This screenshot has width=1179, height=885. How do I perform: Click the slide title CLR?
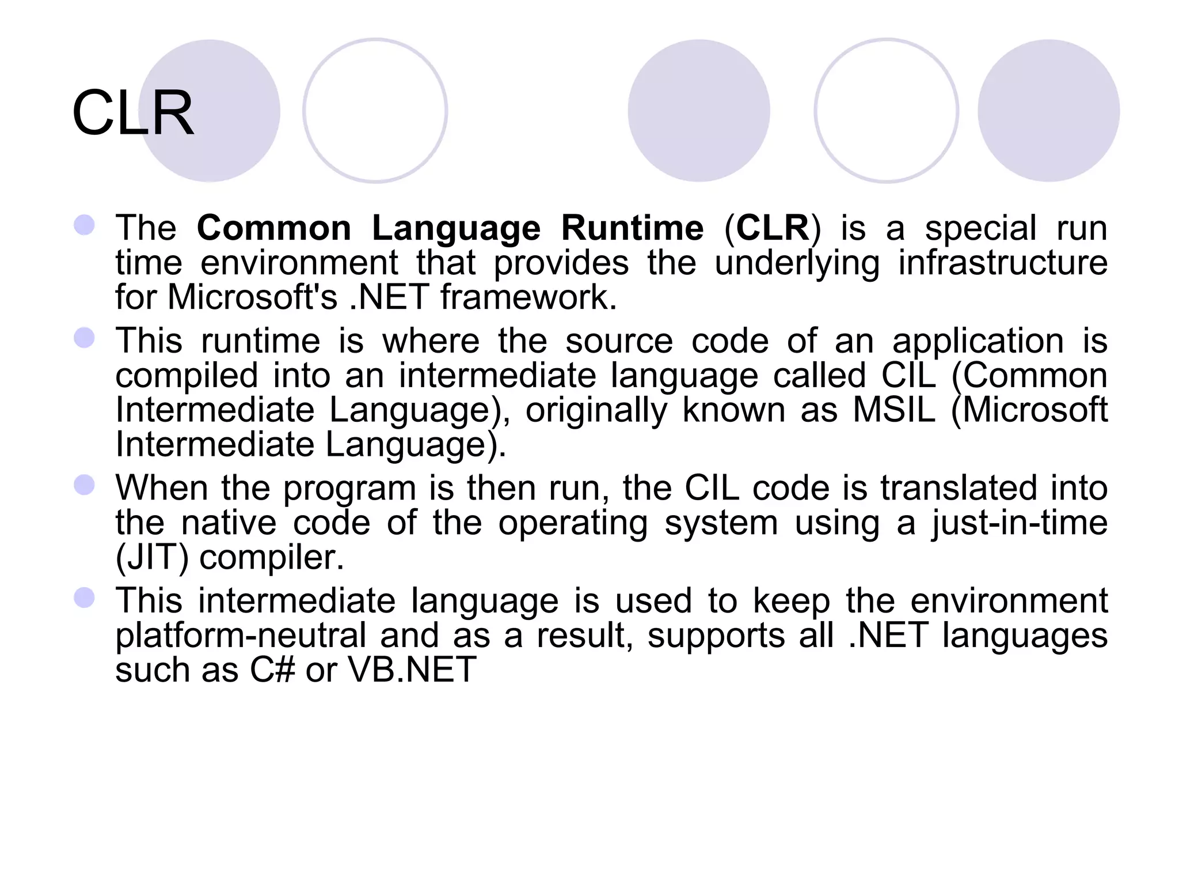133,114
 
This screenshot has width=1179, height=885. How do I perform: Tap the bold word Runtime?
632,228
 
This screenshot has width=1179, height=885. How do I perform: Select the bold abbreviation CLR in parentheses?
773,228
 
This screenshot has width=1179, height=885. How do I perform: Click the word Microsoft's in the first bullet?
252,297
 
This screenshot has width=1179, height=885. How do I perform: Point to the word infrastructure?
1002,263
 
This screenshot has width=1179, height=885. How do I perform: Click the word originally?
596,410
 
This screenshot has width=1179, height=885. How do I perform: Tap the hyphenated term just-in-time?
1020,523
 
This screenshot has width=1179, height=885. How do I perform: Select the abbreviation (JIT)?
152,558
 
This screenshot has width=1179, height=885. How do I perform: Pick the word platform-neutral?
241,636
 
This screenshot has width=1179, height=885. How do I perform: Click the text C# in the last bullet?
272,670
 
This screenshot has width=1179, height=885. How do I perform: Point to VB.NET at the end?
412,670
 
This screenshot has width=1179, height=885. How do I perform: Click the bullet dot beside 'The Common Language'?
85,225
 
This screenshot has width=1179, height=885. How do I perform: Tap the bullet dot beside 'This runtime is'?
85,338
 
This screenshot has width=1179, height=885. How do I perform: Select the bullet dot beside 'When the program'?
85,485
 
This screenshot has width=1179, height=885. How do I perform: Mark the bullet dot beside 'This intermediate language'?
85,598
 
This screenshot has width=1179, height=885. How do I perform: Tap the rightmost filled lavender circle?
1048,111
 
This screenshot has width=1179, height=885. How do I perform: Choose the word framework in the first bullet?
528,297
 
